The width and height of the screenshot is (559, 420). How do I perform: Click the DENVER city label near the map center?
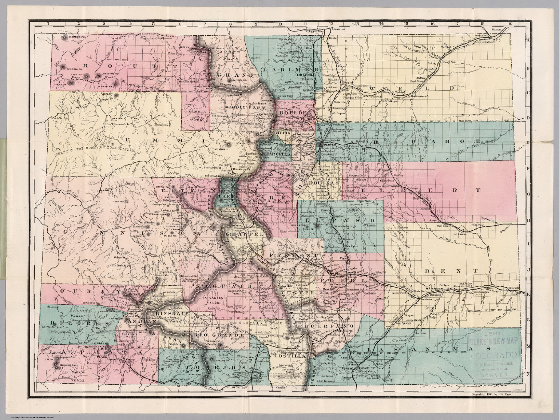click(x=325, y=144)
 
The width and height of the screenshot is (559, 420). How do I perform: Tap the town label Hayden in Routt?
click(x=162, y=82)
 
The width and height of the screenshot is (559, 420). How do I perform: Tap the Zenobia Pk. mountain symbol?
click(x=64, y=67)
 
